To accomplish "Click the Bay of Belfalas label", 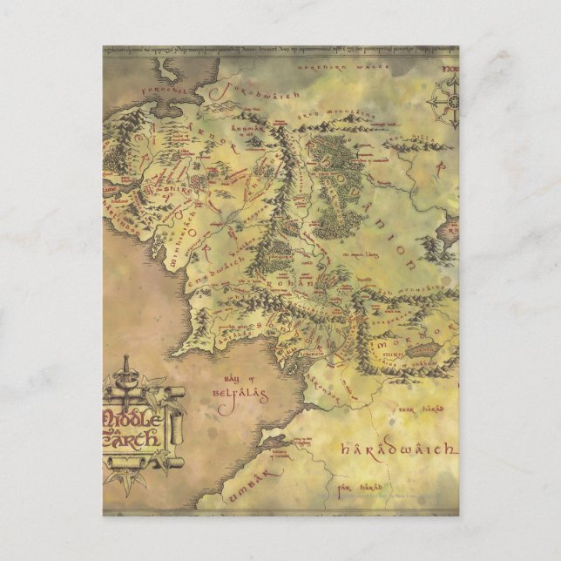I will tap(239, 387).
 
